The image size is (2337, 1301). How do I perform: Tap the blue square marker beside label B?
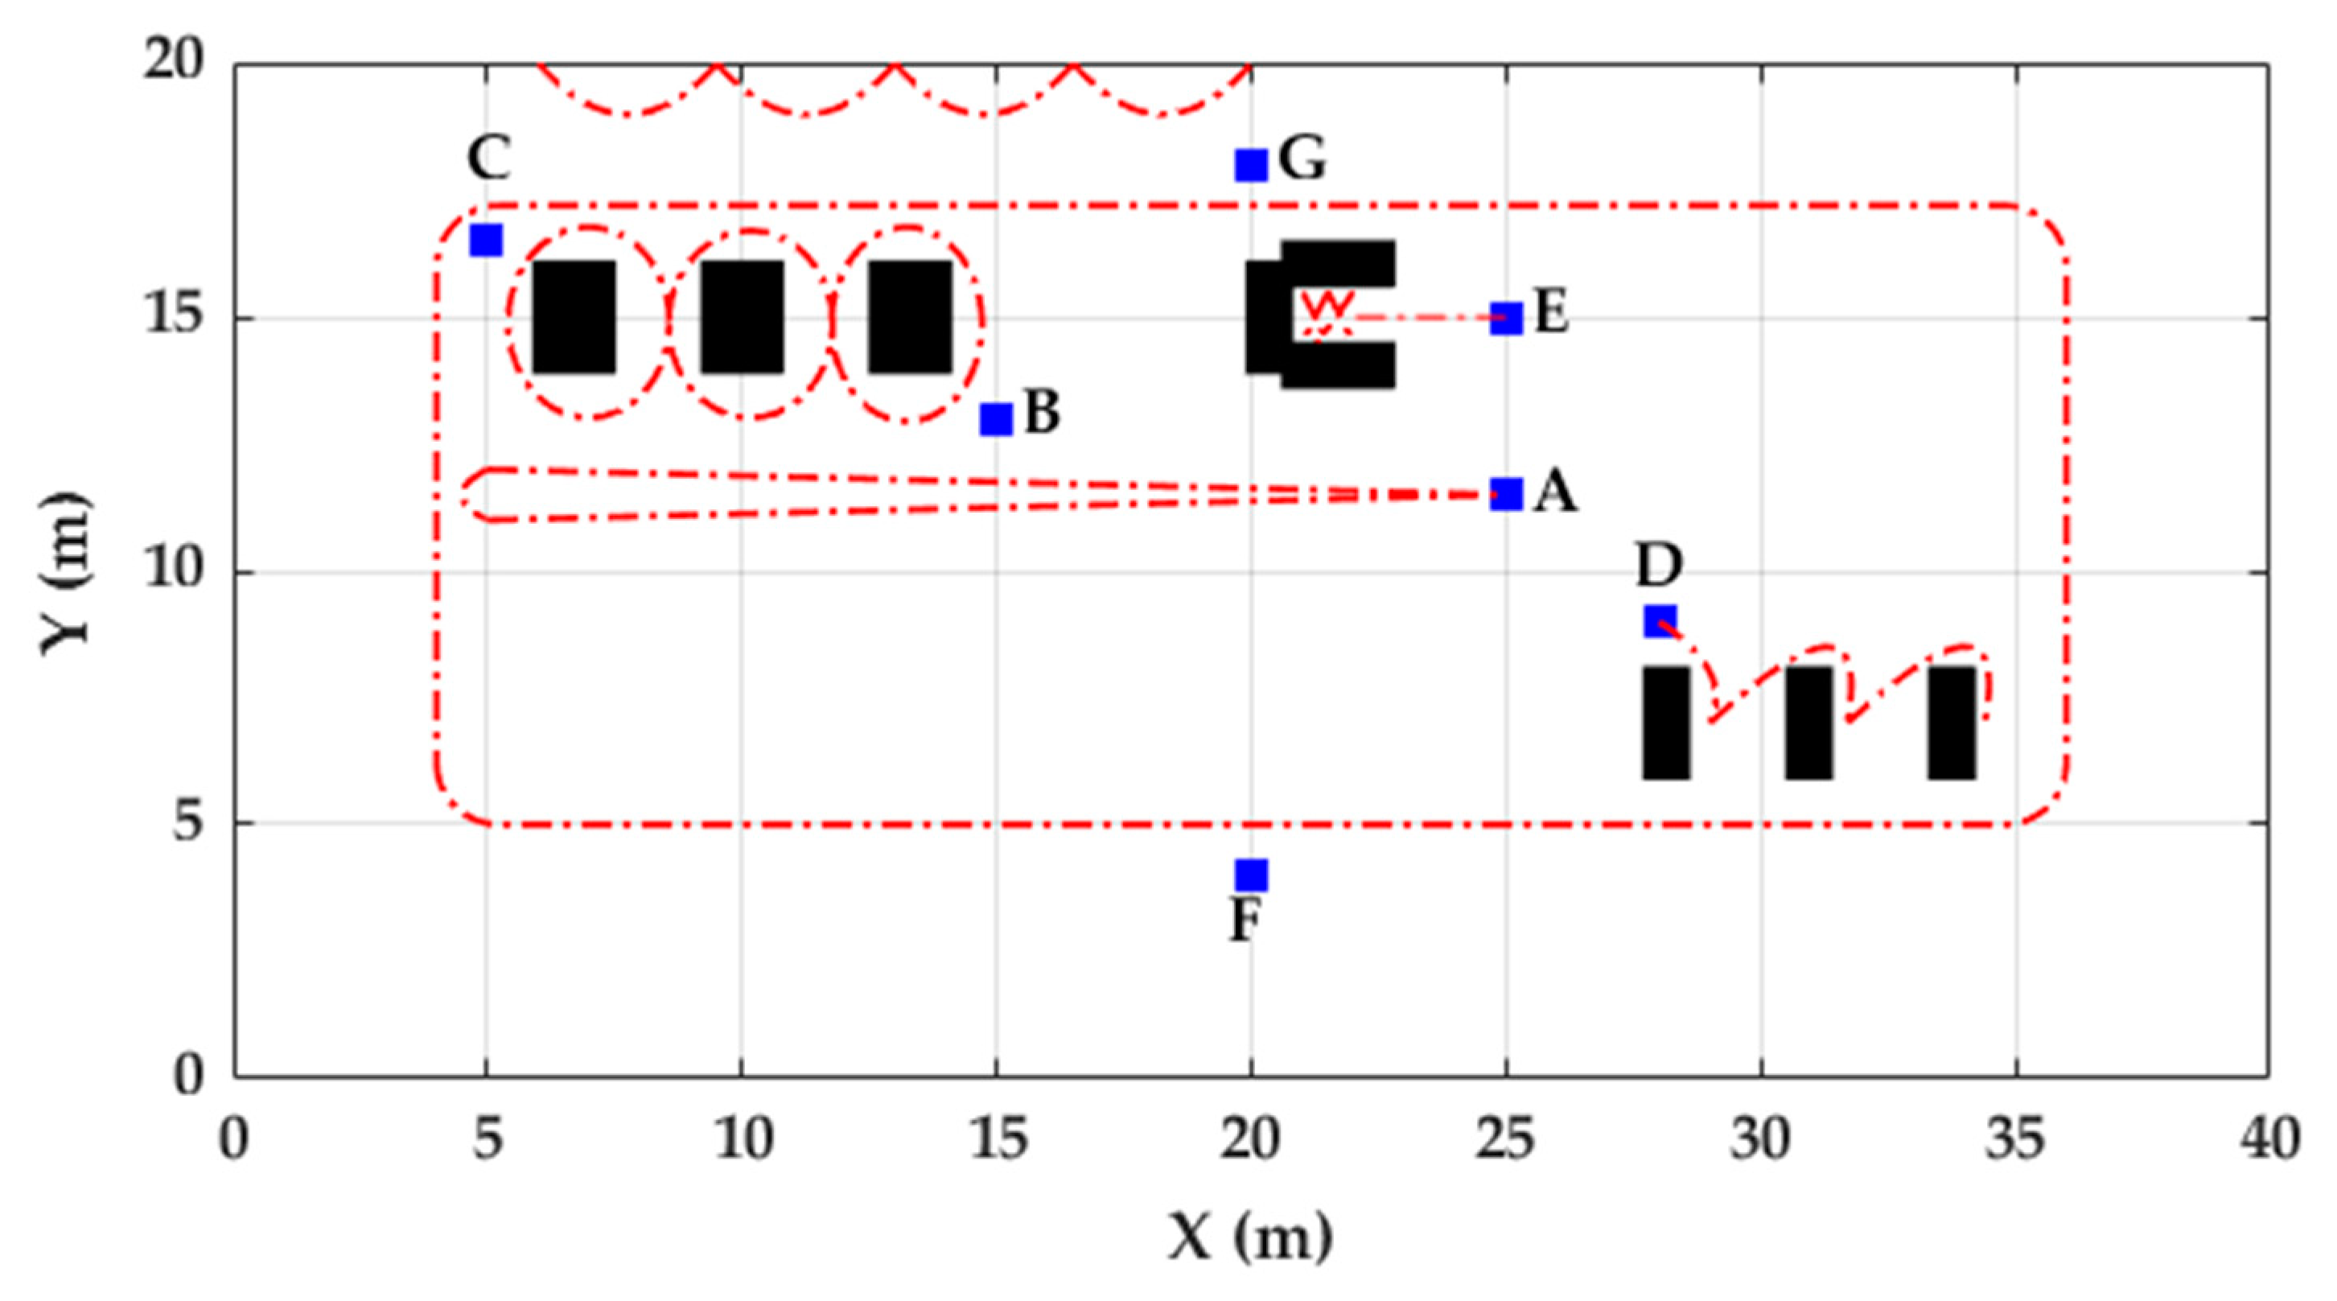click(x=996, y=419)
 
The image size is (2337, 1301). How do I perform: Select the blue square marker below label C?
click(x=486, y=241)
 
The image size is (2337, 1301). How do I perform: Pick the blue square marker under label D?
click(x=1660, y=621)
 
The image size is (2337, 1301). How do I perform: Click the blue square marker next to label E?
click(x=1506, y=319)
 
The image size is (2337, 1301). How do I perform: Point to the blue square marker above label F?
click(x=1251, y=875)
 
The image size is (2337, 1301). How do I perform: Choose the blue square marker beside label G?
click(x=1251, y=165)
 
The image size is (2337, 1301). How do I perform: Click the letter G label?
click(x=1302, y=159)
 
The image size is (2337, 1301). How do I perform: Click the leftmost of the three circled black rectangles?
click(x=574, y=317)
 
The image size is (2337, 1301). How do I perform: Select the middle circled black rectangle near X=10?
click(x=742, y=317)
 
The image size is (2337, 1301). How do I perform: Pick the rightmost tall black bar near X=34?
click(x=1952, y=723)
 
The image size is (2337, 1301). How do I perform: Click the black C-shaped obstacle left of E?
click(x=1270, y=317)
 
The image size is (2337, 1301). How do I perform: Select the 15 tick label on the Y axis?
click(x=171, y=319)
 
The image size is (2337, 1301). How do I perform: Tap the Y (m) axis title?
click(x=65, y=571)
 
